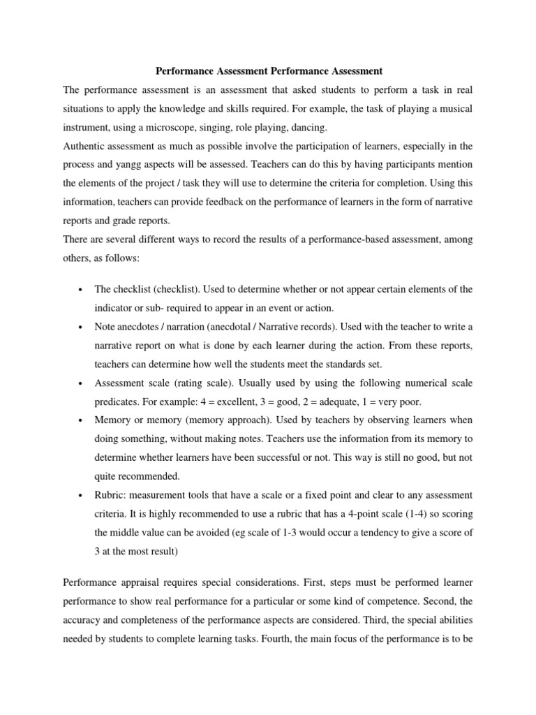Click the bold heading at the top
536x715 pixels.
coord(267,71)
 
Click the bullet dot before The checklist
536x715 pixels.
coord(82,290)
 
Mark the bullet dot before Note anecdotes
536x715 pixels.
coord(82,327)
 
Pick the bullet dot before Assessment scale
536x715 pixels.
coord(82,384)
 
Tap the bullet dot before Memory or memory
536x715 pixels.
coord(82,421)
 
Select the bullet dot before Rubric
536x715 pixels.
coord(82,496)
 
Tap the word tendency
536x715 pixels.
coord(365,533)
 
